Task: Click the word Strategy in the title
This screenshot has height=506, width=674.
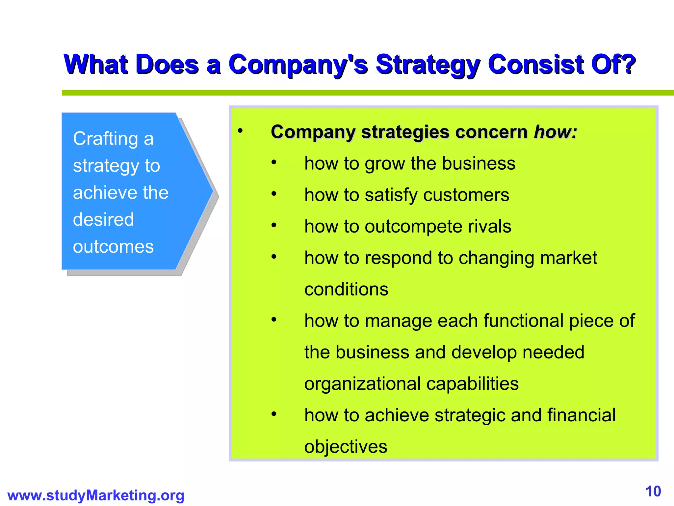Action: point(427,65)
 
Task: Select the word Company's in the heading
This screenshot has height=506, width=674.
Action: point(298,65)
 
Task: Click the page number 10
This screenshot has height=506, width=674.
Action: point(653,492)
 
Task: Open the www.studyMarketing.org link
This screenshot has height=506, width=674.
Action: point(96,495)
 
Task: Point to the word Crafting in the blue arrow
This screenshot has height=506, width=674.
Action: point(105,138)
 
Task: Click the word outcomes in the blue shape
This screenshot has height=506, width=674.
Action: point(113,247)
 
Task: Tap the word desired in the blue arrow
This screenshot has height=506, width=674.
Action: point(103,219)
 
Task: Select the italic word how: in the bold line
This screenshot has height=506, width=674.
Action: point(556,132)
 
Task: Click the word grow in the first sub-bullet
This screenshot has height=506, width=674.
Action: point(384,164)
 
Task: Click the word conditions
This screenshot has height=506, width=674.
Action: point(346,289)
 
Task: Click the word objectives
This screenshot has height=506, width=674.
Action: point(346,447)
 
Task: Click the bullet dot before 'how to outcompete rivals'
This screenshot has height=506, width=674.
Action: point(274,225)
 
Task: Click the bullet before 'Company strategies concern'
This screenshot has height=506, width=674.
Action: point(240,131)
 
